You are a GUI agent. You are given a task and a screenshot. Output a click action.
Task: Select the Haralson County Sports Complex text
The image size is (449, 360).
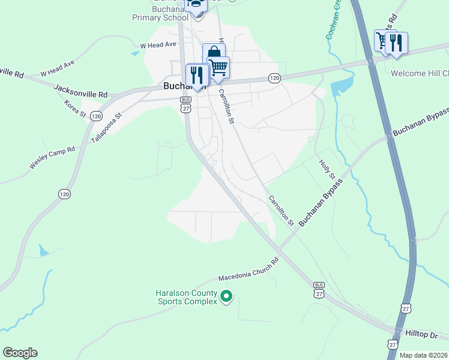[187, 297]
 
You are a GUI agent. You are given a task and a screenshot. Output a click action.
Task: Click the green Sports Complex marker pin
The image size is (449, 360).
[226, 296]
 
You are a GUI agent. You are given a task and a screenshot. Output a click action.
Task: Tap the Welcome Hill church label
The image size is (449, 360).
[419, 73]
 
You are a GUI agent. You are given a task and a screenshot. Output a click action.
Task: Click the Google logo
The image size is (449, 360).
[20, 352]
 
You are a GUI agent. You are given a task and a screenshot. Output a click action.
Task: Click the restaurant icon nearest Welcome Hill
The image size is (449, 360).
[396, 43]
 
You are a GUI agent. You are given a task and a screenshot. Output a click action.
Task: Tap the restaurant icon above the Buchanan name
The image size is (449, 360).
[196, 74]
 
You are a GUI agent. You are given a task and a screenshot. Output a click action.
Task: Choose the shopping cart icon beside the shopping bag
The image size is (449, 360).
[219, 67]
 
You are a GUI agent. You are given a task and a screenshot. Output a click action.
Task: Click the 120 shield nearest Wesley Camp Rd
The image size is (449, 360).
[65, 193]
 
